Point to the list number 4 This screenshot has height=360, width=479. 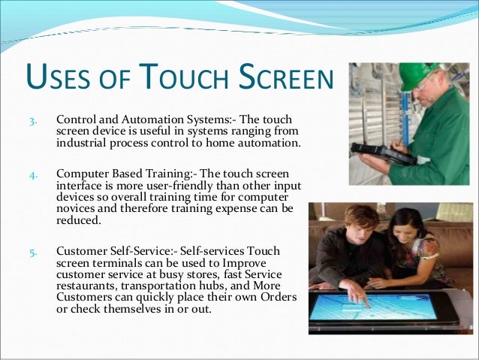tap(33, 177)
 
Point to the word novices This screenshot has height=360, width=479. tap(77, 211)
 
